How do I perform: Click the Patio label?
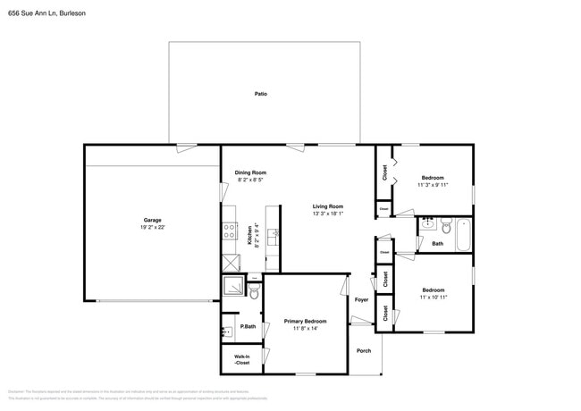point(260,94)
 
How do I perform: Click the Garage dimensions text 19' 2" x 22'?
point(153,228)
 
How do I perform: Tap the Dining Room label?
point(250,172)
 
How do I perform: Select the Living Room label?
point(328,206)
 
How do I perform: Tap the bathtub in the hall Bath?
point(463,235)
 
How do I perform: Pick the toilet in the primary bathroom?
point(253,292)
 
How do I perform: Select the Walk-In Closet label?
point(241,360)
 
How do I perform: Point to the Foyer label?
point(361,299)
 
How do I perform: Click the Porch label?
point(364,350)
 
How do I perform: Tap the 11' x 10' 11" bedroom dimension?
point(434,297)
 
